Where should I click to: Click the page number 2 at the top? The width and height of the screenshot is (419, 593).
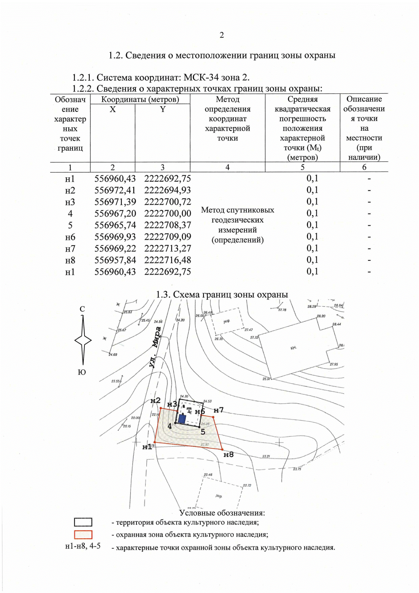(221, 35)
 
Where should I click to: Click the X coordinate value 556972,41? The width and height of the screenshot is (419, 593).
(115, 190)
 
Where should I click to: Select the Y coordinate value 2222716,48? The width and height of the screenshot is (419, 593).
(168, 260)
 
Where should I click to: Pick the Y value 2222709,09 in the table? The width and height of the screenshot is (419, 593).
(168, 237)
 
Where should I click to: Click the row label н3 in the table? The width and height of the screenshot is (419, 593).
(70, 202)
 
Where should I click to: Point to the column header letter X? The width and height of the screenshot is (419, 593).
(112, 109)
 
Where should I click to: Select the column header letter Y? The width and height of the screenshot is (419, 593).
(162, 109)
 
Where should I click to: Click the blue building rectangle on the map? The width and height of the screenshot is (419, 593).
(182, 419)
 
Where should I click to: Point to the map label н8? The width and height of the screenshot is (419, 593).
(228, 455)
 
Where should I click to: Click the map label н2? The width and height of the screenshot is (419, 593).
(155, 400)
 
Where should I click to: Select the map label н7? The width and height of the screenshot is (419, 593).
(219, 410)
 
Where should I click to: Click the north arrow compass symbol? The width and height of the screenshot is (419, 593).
(83, 340)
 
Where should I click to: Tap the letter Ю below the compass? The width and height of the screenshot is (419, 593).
(82, 372)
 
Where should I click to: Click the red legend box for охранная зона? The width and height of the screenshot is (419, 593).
(83, 535)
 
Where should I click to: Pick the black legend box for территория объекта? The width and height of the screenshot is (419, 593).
(83, 522)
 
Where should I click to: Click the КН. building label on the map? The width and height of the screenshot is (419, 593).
(293, 348)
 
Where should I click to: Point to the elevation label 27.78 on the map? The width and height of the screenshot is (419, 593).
(282, 310)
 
